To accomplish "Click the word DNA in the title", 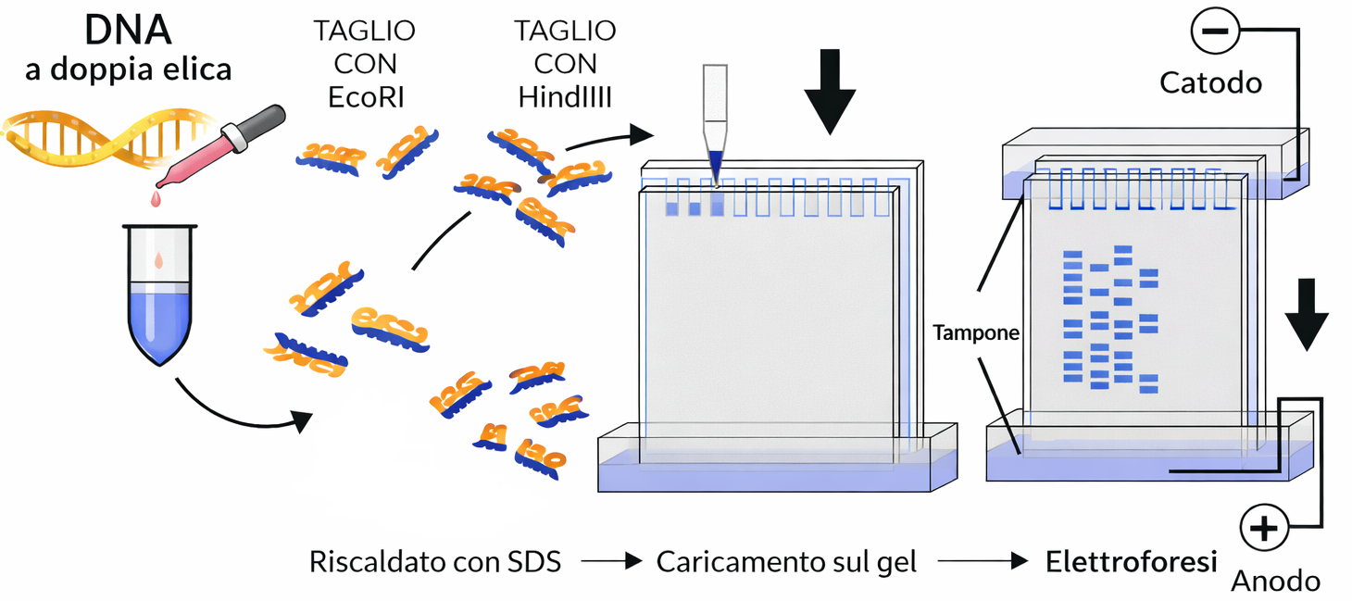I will pos(129,30).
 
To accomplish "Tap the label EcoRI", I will pos(366,96).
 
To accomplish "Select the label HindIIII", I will pos(565,96).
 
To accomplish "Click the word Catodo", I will pos(1210,82).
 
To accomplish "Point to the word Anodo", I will pos(1275,581).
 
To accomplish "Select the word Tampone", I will pos(975,332).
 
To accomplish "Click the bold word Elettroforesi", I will pos(1131,561).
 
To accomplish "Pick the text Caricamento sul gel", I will pos(786,561).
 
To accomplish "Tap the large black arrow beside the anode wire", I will pos(1306,314).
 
